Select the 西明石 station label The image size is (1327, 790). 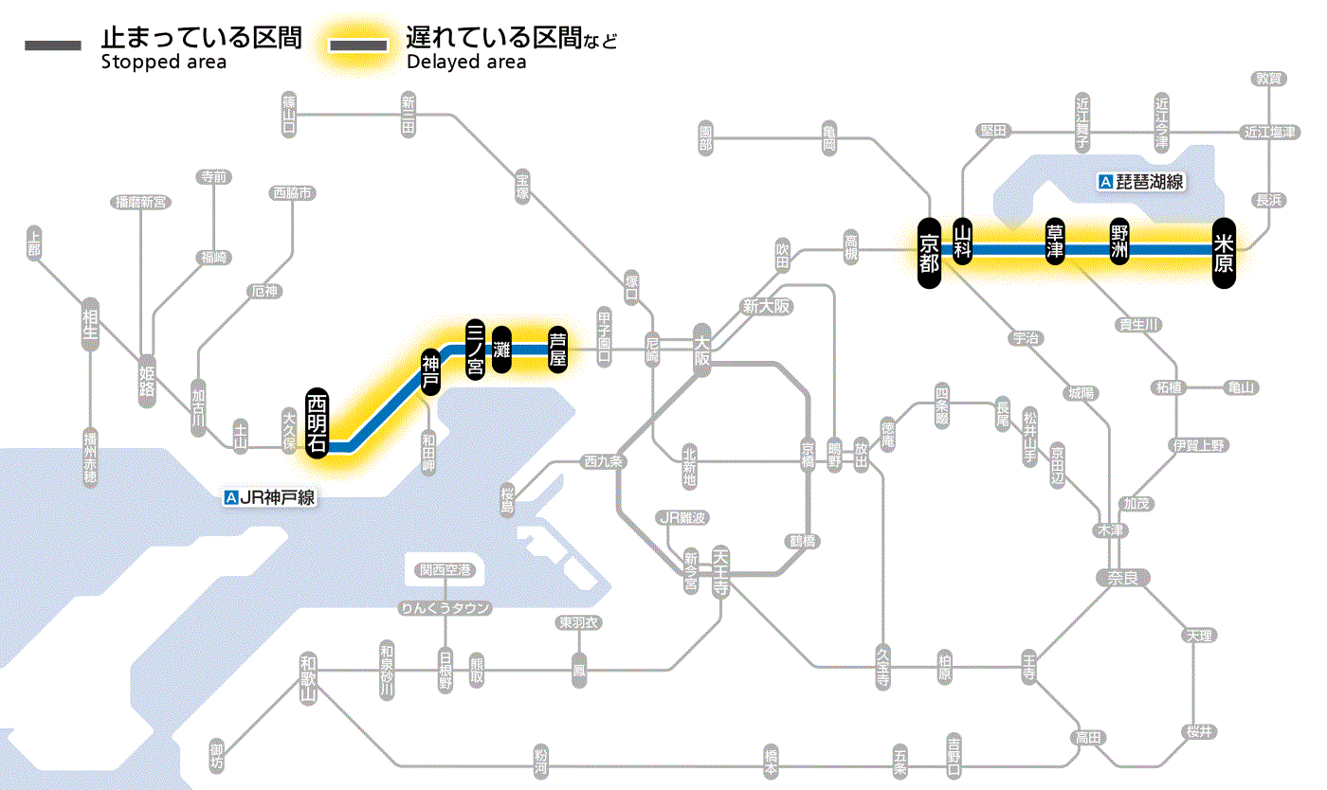pos(318,422)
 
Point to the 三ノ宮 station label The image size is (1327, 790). pos(476,348)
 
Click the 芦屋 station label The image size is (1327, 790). pos(558,348)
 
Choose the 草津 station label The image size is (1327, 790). pos(1055,242)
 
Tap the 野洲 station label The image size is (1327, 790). pos(1119,242)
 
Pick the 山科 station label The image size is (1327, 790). pos(963,242)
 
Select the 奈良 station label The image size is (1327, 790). pos(1122,577)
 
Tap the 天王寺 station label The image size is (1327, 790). pos(721,569)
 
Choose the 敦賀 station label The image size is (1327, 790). pos(1268,80)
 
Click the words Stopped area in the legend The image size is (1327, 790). pos(163,63)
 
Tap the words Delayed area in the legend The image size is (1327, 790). pos(466,63)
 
